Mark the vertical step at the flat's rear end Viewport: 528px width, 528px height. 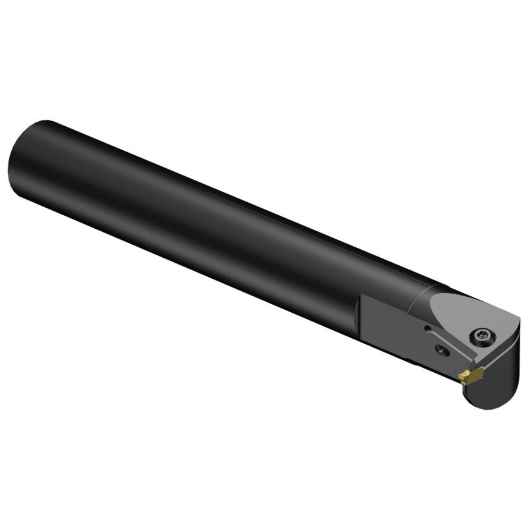tap(361, 316)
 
